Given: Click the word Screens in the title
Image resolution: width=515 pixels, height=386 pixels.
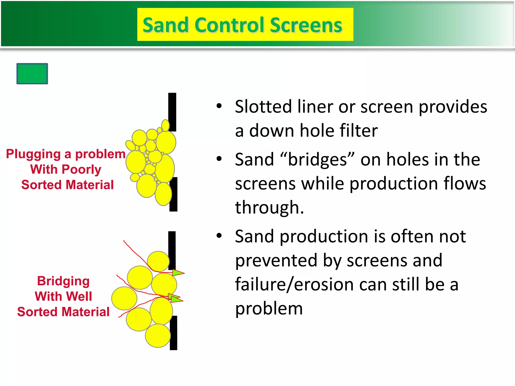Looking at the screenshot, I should click(306, 25).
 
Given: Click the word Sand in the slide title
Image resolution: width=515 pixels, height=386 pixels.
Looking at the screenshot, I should click(165, 25).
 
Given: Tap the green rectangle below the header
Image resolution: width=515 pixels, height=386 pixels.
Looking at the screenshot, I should click(32, 74).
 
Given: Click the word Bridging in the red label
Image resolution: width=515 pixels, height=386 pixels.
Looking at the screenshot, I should click(63, 281).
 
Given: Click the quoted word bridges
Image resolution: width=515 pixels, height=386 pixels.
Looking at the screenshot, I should click(317, 160).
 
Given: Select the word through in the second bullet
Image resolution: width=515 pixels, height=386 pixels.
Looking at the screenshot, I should click(269, 208).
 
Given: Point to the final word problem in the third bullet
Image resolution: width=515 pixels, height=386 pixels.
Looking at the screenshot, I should click(269, 308).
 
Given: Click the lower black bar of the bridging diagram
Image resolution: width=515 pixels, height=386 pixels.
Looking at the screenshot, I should click(174, 333).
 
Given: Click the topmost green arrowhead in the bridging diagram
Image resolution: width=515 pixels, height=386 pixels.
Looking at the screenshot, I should click(178, 273).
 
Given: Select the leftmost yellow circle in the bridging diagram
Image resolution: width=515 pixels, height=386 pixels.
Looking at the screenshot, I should click(124, 298).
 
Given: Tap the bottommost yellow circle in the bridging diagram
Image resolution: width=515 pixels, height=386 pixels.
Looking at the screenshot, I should click(158, 336).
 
